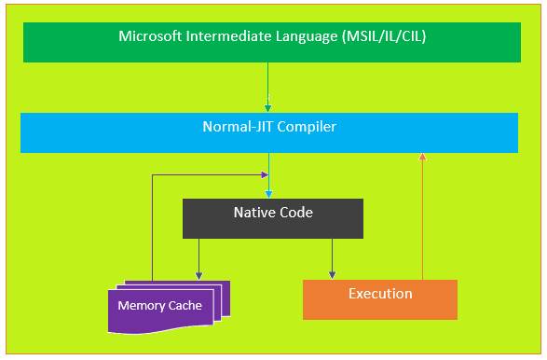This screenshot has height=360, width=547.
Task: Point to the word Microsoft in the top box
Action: click(151, 37)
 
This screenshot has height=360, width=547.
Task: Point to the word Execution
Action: click(380, 294)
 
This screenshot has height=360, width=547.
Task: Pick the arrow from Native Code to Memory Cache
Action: click(198, 258)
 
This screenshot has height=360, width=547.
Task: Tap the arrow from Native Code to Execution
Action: click(332, 258)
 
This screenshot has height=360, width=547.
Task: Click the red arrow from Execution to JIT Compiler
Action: click(423, 215)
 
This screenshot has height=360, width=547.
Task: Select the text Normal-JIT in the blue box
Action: click(237, 126)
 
